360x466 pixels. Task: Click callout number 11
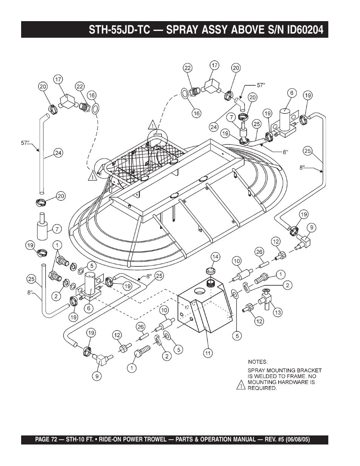pyautogui.click(x=208, y=353)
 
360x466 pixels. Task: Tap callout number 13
pyautogui.click(x=278, y=312)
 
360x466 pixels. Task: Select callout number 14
pyautogui.click(x=215, y=257)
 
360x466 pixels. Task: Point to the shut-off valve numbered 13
pyautogui.click(x=265, y=300)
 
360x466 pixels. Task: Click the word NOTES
pyautogui.click(x=258, y=361)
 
